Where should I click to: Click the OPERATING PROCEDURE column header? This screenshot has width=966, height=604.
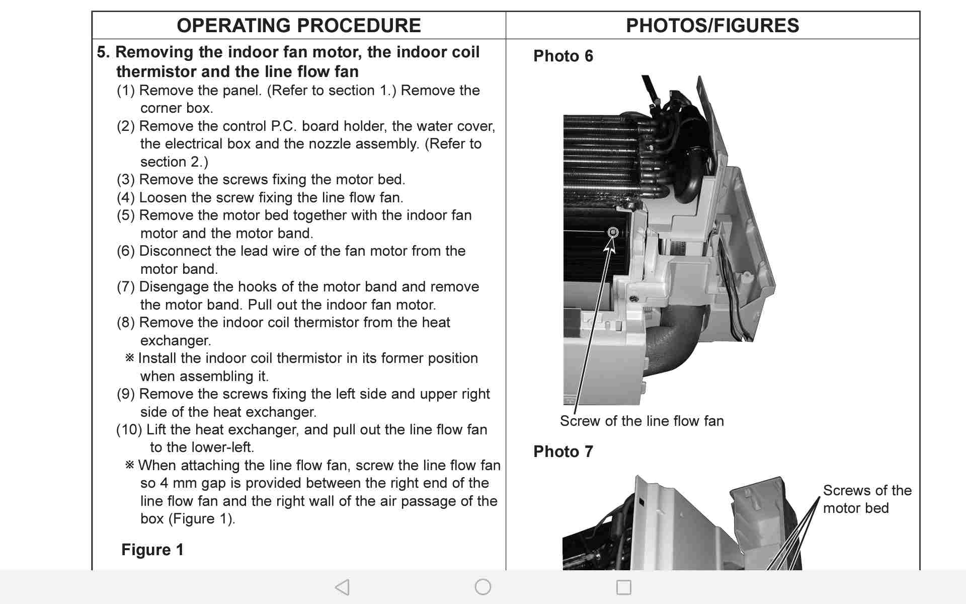click(x=298, y=26)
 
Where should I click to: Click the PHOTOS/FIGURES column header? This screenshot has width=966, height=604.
click(x=712, y=26)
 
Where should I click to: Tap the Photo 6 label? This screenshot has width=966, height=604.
click(x=563, y=56)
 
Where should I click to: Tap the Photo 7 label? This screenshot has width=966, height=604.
click(x=563, y=451)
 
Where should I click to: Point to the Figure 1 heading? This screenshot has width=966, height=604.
click(x=152, y=550)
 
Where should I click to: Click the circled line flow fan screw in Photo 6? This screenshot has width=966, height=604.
click(x=613, y=232)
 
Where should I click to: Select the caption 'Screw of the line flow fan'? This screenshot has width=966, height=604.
click(x=641, y=421)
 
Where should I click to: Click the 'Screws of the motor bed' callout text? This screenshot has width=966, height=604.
click(x=866, y=499)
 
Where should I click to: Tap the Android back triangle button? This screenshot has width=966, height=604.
click(x=342, y=587)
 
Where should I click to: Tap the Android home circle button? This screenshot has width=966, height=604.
click(x=483, y=587)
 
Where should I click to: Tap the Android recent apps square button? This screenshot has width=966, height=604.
click(x=624, y=587)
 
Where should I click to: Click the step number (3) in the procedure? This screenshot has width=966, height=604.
click(x=126, y=180)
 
